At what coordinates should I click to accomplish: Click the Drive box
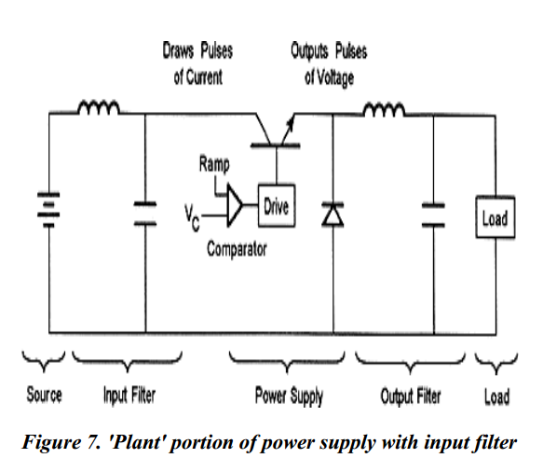(277, 205)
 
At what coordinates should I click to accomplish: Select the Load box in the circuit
(495, 217)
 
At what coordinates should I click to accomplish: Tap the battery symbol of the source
(48, 210)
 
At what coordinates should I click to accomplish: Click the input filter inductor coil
(99, 107)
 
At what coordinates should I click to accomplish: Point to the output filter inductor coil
(384, 109)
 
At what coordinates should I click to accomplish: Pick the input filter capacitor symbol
(145, 214)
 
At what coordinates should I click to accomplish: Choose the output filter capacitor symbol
(433, 215)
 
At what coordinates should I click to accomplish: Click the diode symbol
(333, 215)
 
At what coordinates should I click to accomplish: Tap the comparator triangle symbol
(235, 205)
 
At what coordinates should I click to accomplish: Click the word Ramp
(214, 164)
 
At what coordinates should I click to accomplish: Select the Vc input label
(192, 217)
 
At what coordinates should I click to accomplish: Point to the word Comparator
(237, 249)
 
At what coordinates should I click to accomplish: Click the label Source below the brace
(45, 395)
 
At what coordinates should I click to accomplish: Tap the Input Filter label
(129, 396)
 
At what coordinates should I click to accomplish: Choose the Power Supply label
(289, 396)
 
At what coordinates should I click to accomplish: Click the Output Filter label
(411, 396)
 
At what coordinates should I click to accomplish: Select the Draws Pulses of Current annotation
(197, 63)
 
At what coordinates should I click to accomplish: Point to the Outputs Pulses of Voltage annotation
(329, 64)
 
